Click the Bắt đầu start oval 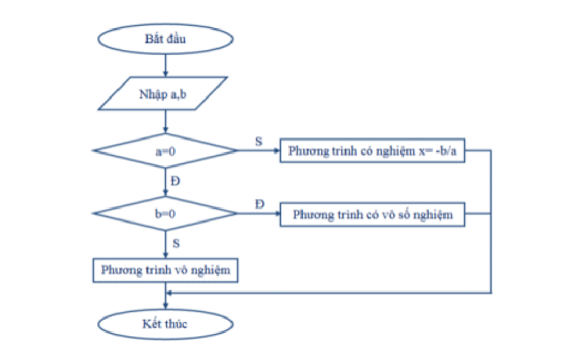pyautogui.click(x=165, y=40)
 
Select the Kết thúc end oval pyautogui.click(x=165, y=323)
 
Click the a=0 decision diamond pyautogui.click(x=165, y=151)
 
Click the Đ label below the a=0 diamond pyautogui.click(x=175, y=181)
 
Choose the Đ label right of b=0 pyautogui.click(x=259, y=204)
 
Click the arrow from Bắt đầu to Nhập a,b pyautogui.click(x=165, y=66)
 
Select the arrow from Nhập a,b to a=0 pyautogui.click(x=165, y=122)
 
